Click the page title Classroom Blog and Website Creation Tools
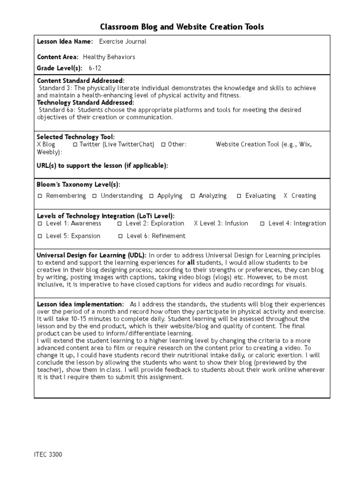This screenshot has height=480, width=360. (182, 27)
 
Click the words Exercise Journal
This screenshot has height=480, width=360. (123, 42)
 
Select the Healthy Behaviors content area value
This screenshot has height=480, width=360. (109, 57)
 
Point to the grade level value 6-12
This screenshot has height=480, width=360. (95, 68)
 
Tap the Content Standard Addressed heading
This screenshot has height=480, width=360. (81, 81)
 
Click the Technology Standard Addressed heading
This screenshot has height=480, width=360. (85, 103)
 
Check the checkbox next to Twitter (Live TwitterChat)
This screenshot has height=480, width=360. (75, 145)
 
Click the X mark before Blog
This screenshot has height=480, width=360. (39, 145)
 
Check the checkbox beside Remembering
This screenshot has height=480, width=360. (41, 196)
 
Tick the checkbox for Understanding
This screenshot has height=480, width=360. (95, 196)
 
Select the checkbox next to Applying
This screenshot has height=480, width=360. (151, 196)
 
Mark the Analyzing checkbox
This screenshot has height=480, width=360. (193, 196)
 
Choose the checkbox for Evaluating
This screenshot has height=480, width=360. (239, 196)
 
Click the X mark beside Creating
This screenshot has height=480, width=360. (285, 196)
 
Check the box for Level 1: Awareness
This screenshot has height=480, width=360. (41, 224)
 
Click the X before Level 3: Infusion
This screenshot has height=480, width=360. (196, 224)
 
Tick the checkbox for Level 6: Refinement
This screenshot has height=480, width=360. (121, 236)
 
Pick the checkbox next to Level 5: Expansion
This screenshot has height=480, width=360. (41, 236)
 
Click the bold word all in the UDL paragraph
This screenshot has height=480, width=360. (191, 263)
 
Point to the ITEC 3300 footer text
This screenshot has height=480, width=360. (48, 455)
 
